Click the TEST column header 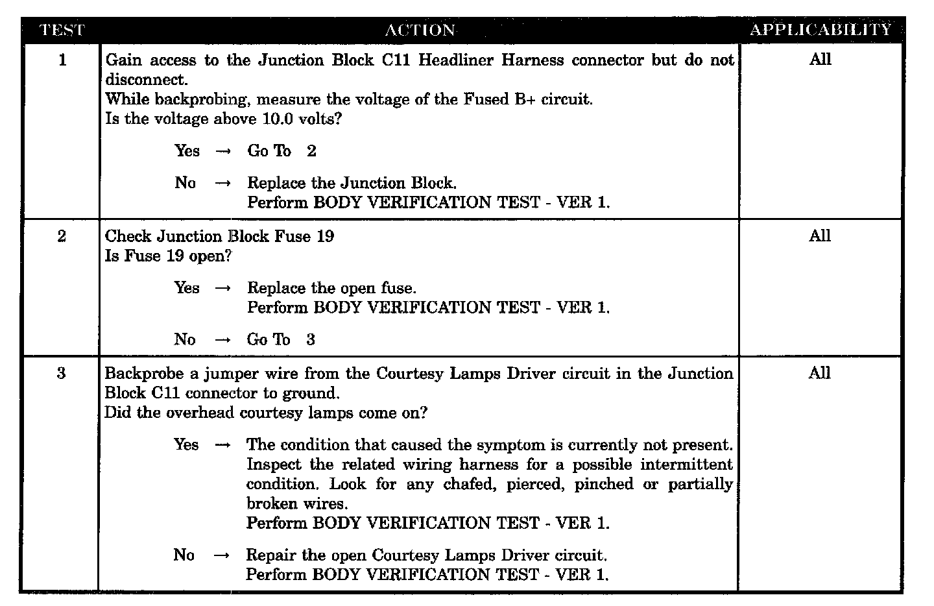coord(62,30)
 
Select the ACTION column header coord(420,30)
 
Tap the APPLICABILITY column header coord(820,30)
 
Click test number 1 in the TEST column coord(62,60)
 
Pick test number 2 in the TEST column coord(62,236)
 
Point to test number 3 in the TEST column coord(61,374)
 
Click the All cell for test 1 coord(820,60)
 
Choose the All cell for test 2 coord(820,236)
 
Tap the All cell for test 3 coord(820,373)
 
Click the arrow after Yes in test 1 coord(223,151)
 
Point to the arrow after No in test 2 coord(222,340)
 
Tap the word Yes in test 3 coord(186,445)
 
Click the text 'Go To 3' coord(281,340)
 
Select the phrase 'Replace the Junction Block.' coord(352,183)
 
